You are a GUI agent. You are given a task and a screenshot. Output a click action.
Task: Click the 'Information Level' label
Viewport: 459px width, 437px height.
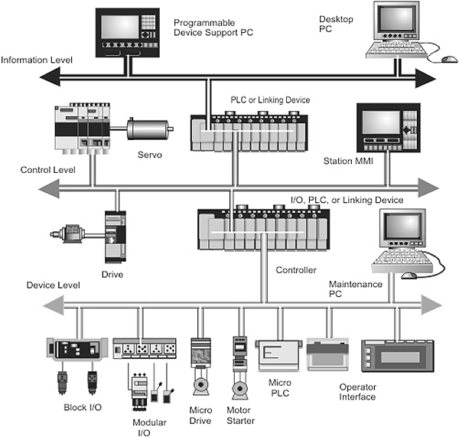(x=37, y=60)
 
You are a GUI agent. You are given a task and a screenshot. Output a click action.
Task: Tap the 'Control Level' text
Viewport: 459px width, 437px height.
(x=47, y=170)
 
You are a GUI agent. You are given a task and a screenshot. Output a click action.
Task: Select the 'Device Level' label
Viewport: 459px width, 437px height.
(x=54, y=285)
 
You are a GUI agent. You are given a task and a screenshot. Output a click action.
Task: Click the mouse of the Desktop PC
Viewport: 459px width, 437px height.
(x=449, y=59)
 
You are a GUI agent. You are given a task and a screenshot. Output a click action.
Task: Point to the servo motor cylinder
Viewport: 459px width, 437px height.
(x=148, y=129)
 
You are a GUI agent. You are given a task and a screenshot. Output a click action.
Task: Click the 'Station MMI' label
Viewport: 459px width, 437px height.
(x=348, y=161)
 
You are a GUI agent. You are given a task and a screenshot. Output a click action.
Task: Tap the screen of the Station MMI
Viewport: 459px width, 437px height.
(x=381, y=122)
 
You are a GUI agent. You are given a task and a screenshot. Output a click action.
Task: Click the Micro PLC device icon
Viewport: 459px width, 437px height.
(x=279, y=355)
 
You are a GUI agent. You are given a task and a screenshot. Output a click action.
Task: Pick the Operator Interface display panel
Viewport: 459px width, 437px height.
(x=398, y=356)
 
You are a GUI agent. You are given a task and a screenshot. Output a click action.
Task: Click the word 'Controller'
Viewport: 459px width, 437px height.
(x=296, y=270)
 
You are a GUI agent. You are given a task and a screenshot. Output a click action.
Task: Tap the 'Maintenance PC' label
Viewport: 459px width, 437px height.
(x=356, y=289)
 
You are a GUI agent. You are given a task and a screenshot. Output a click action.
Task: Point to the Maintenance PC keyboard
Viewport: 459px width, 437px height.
(x=402, y=261)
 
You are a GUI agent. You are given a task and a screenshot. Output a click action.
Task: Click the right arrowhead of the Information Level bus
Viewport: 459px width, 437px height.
(x=425, y=78)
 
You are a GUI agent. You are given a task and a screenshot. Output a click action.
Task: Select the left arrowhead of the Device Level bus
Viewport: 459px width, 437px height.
(x=54, y=305)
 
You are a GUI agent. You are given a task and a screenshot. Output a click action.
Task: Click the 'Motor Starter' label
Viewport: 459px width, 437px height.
(x=241, y=416)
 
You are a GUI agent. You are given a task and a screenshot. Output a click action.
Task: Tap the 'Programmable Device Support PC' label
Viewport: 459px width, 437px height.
(x=213, y=28)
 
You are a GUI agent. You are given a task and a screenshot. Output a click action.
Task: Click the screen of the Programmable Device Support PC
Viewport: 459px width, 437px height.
(x=120, y=27)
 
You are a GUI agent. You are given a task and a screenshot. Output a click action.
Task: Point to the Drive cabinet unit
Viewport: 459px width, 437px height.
(x=116, y=236)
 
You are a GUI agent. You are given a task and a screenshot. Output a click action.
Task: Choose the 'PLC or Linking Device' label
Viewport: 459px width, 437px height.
(x=270, y=100)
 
